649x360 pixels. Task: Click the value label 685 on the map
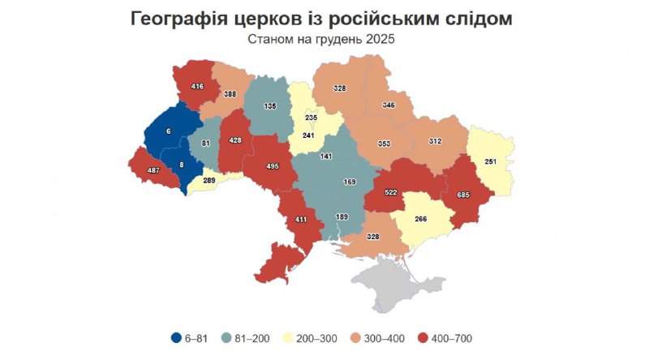463,195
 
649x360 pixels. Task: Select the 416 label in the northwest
197,86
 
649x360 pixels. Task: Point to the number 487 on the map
152,170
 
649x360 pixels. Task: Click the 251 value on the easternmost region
489,162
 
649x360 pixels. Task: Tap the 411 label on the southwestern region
301,219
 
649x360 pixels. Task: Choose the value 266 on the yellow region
421,218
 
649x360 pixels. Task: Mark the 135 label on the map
269,106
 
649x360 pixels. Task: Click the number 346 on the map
389,105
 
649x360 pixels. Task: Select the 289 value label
209,181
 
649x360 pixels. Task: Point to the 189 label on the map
342,216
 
